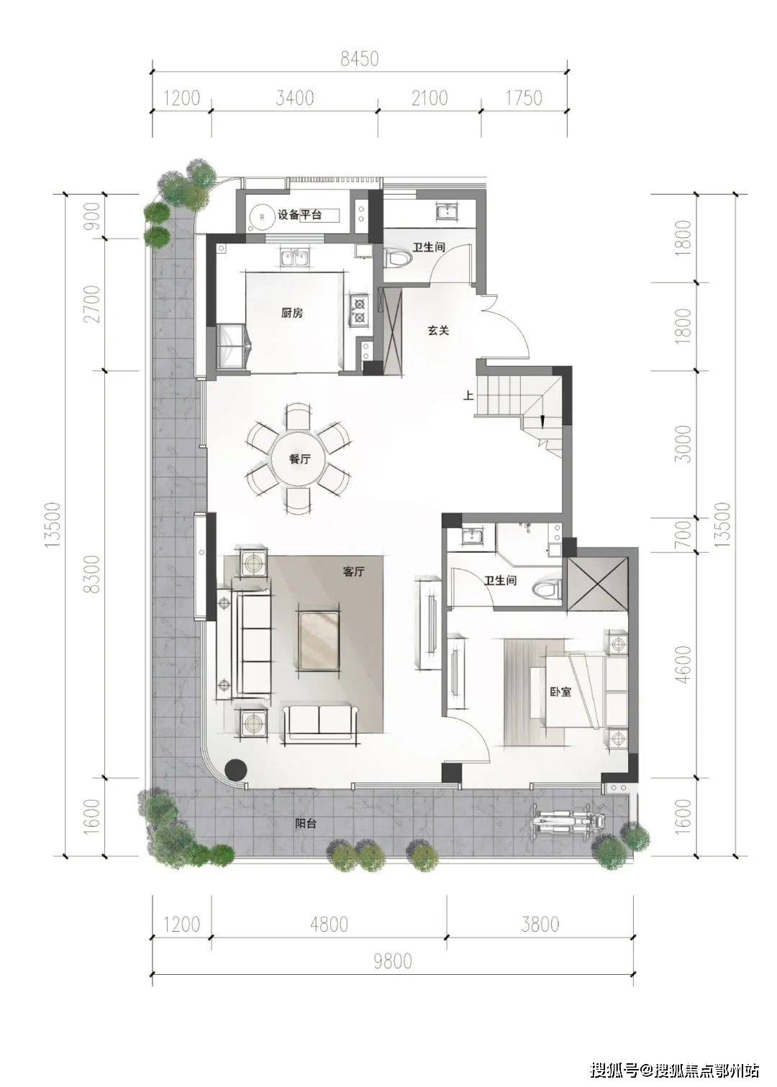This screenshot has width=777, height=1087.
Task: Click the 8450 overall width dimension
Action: click(359, 59)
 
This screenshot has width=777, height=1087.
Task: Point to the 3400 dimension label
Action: click(294, 98)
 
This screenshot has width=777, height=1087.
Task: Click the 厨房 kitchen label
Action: click(292, 313)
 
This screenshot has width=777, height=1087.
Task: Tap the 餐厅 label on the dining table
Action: click(299, 459)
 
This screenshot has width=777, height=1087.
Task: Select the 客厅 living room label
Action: click(353, 572)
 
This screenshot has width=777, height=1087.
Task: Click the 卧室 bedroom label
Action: click(560, 692)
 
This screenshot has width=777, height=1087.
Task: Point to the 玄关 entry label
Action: click(438, 331)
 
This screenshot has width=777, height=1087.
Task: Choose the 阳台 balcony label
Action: click(306, 823)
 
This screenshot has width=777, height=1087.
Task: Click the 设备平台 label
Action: click(299, 214)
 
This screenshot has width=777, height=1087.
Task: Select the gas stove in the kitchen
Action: click(359, 311)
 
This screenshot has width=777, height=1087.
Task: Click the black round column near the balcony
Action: click(237, 769)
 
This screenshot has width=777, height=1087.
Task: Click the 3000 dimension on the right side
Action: click(683, 444)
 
